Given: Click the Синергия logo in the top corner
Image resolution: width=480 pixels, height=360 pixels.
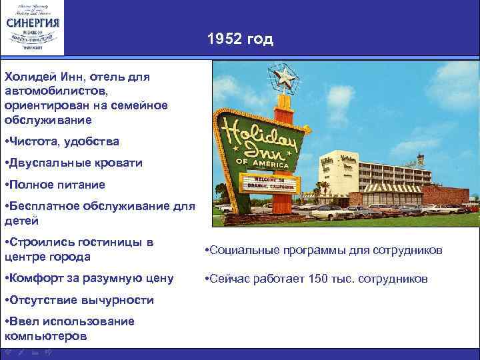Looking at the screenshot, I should [33, 27].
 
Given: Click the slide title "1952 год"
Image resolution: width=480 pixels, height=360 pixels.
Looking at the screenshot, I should [240, 39].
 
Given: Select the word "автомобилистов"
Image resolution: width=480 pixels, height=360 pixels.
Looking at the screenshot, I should [49, 91].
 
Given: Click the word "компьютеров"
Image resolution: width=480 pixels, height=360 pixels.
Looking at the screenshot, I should [45, 336].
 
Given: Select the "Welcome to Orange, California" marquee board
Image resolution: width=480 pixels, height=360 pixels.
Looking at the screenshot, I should [267, 184].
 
